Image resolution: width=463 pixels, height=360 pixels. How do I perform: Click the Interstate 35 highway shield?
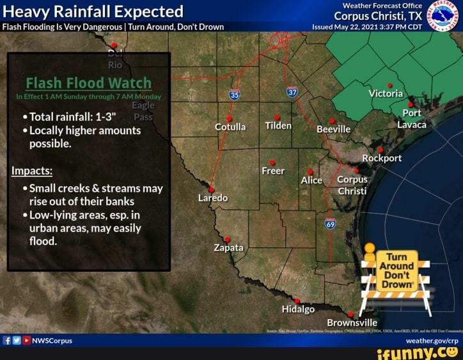pos(235,95)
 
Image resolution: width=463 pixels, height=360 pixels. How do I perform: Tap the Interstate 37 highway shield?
pos(292,93)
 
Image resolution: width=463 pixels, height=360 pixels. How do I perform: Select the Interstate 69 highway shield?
pos(330,223)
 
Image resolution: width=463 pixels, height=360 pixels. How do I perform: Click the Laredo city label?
pos(213,198)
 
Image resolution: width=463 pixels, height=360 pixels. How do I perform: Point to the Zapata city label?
pos(228,247)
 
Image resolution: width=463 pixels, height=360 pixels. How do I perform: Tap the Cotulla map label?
pos(230,127)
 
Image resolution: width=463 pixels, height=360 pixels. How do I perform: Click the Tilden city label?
pos(278,126)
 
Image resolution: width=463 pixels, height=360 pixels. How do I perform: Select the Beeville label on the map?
pos(334,129)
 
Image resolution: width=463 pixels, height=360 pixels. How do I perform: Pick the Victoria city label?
pos(386,93)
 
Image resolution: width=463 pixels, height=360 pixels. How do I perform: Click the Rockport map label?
pos(382,158)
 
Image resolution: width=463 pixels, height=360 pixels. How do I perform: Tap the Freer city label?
pos(272,171)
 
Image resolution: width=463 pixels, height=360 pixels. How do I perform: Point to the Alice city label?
pos(311,180)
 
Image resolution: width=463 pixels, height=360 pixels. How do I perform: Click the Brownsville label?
pos(352,322)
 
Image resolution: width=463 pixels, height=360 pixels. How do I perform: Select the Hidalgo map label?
pos(298,309)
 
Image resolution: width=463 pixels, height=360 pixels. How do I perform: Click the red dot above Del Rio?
pos(114,45)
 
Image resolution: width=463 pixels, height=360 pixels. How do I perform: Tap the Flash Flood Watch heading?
pos(89,83)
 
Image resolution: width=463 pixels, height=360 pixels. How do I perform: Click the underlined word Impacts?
pos(32,171)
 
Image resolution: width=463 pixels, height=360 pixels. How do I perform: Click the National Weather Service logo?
pos(442,16)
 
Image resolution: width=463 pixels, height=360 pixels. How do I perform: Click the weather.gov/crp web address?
pos(432,341)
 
